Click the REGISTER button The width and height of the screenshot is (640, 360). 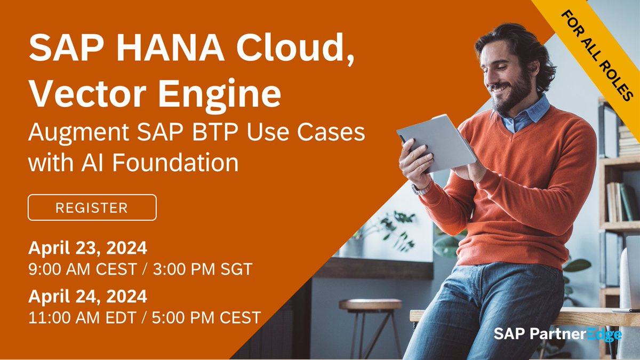(92, 207)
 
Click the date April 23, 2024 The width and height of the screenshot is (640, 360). (87, 249)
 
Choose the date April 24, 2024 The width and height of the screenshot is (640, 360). (87, 296)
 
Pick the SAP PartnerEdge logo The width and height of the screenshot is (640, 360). (557, 334)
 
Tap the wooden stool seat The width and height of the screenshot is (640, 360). (370, 305)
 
